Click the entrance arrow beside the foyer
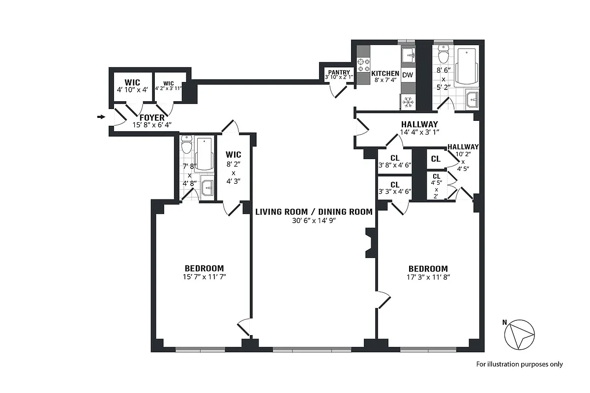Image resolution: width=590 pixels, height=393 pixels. [x=101, y=117]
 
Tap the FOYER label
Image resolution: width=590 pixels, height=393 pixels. [x=152, y=118]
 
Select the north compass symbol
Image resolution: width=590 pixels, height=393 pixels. [x=519, y=334]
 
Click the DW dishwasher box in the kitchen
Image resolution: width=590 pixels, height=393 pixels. [x=408, y=75]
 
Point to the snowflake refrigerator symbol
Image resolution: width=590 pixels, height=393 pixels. [x=408, y=102]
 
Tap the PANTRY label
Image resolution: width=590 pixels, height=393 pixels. [x=339, y=72]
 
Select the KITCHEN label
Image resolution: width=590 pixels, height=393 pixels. [x=385, y=74]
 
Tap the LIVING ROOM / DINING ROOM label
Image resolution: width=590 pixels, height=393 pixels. [x=314, y=212]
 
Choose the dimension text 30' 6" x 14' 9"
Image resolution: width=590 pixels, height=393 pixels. [x=314, y=221]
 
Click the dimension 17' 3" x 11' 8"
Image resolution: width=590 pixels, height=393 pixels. [x=428, y=277]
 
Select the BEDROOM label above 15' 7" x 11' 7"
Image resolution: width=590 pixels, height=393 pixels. [x=204, y=268]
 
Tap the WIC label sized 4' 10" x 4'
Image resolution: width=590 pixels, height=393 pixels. [x=132, y=82]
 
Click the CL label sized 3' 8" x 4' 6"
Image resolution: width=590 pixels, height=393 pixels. [x=394, y=158]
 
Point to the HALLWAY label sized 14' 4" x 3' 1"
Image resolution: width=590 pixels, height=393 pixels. [x=419, y=124]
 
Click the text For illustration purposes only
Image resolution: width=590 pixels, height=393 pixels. [x=519, y=365]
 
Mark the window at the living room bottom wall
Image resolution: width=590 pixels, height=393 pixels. [x=312, y=350]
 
